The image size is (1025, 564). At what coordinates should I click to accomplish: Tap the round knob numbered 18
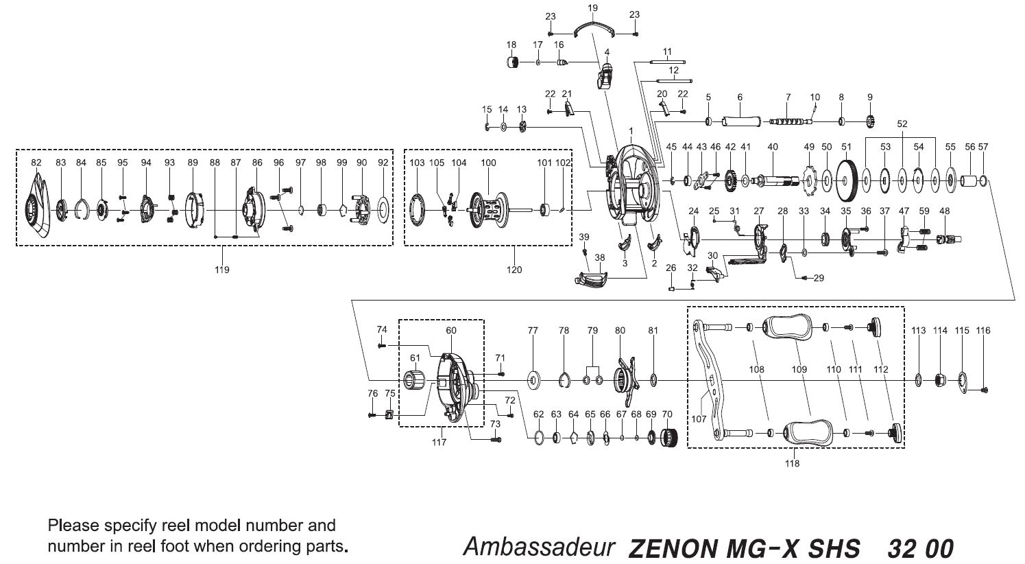pyautogui.click(x=511, y=63)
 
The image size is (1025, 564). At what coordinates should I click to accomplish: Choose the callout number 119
pyautogui.click(x=221, y=270)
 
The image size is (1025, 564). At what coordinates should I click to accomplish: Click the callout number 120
pyautogui.click(x=514, y=270)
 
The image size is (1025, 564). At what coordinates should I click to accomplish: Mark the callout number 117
pyautogui.click(x=439, y=442)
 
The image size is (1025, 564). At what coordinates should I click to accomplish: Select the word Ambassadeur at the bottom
pyautogui.click(x=537, y=547)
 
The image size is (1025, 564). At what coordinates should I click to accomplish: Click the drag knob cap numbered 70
pyautogui.click(x=668, y=438)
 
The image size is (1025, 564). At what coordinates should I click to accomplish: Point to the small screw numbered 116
pyautogui.click(x=985, y=390)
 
